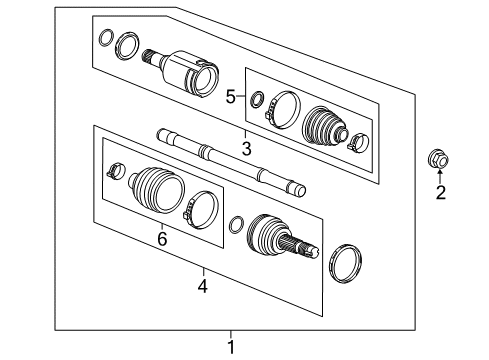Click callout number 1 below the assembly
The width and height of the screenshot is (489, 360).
[231, 348]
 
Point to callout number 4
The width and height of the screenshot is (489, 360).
[203, 286]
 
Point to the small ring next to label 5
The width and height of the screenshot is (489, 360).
[257, 98]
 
